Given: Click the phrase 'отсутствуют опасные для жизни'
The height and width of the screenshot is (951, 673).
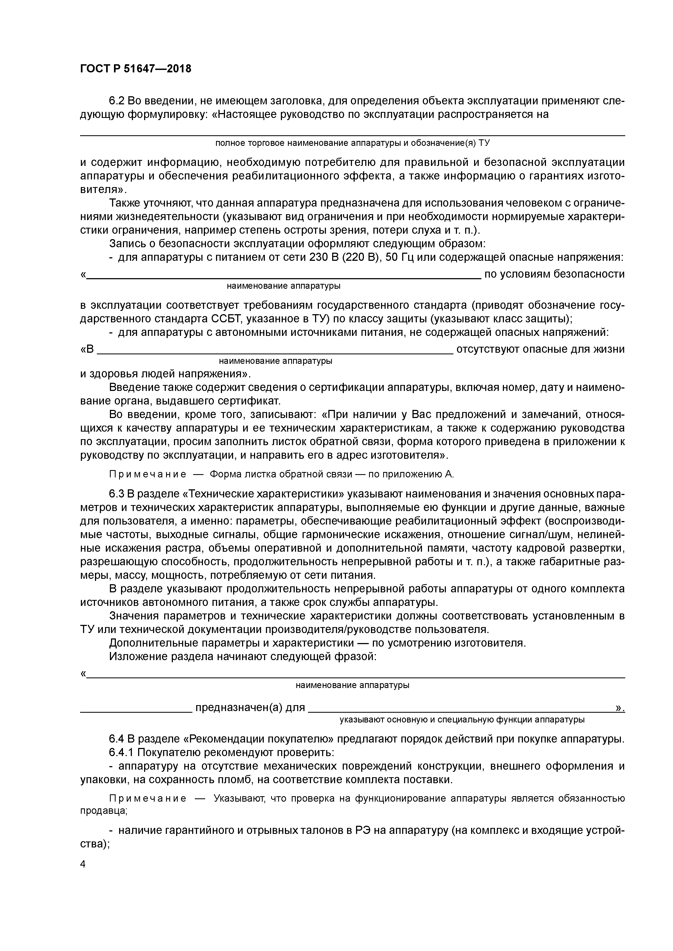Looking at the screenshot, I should pyautogui.click(x=540, y=349).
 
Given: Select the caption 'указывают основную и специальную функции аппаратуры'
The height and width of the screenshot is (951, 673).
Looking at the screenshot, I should pyautogui.click(x=462, y=719).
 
